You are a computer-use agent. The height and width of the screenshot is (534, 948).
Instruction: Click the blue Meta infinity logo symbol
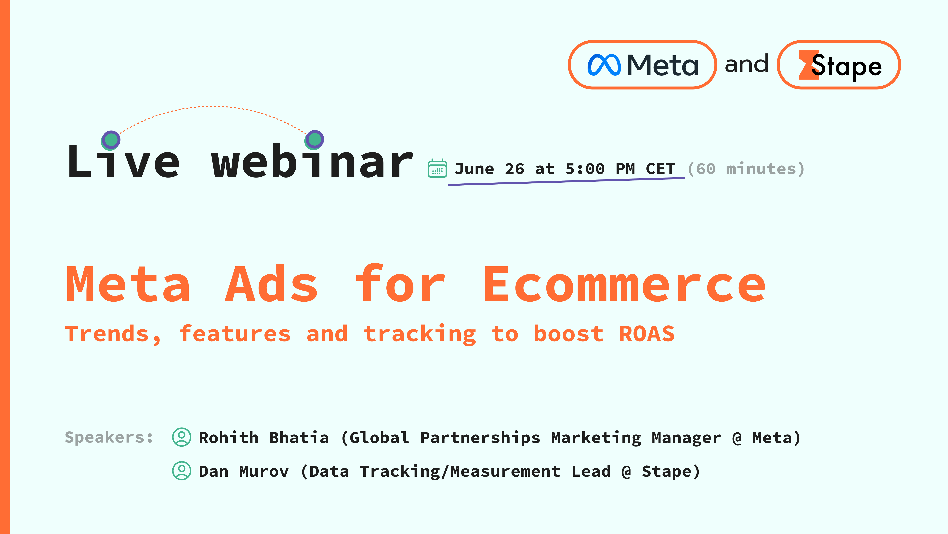[604, 65]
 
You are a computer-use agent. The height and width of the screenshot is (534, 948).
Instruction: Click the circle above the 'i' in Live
[111, 140]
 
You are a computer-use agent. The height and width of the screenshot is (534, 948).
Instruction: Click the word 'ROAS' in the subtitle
[647, 334]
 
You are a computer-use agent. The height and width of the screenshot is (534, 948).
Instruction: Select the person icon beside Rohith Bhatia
[181, 437]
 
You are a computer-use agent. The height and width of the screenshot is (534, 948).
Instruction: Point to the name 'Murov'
[264, 471]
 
